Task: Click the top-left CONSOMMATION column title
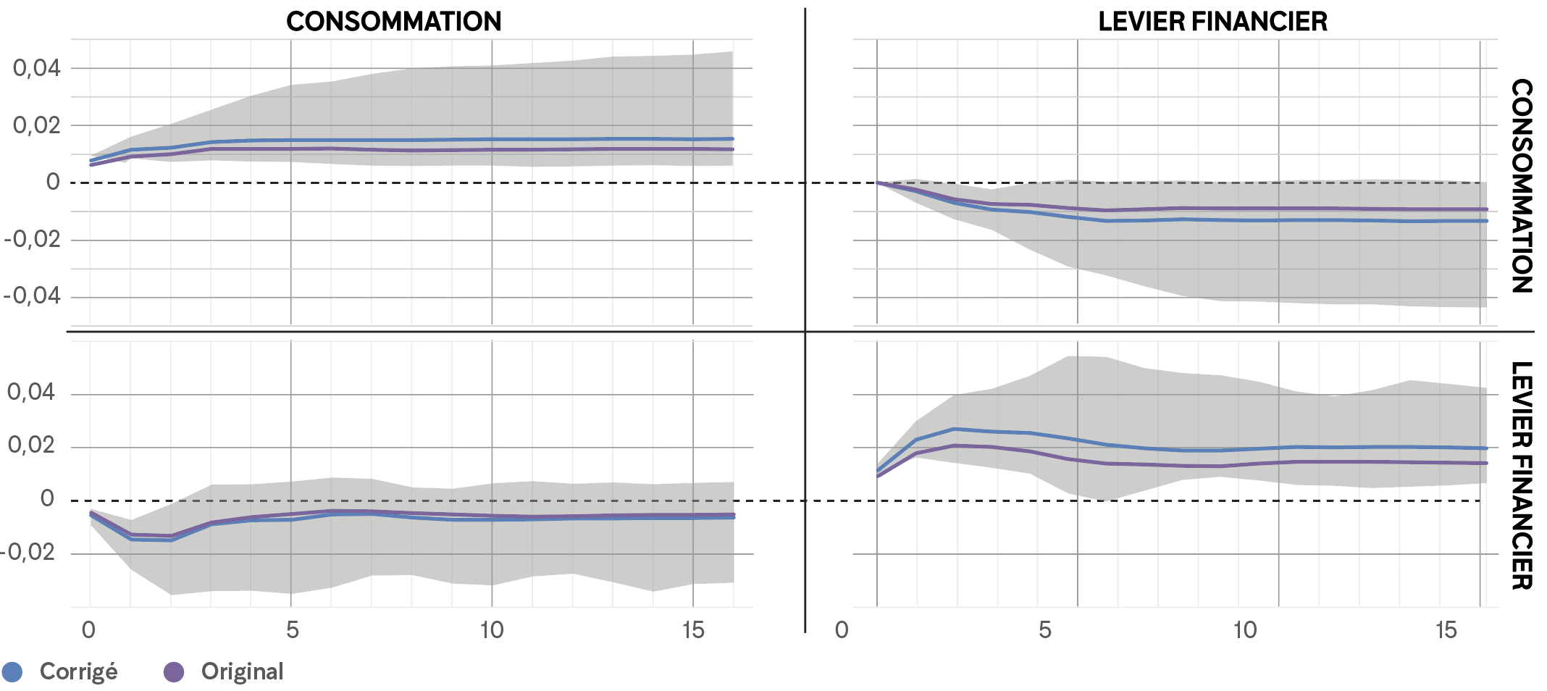point(393,22)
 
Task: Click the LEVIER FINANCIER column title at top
point(1212,22)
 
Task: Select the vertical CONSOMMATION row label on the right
point(1522,185)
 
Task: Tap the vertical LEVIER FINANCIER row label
point(1522,475)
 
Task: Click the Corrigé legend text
point(78,671)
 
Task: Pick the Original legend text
point(242,671)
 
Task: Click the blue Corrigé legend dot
point(12,672)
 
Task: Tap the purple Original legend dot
point(174,672)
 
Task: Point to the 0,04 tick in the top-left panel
point(36,68)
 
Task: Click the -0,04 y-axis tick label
point(32,296)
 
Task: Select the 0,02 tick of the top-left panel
point(36,125)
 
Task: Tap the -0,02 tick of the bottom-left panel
point(28,552)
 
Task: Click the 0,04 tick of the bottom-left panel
point(31,392)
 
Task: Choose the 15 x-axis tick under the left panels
point(693,630)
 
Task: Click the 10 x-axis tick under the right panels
point(1245,630)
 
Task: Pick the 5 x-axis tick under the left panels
point(292,630)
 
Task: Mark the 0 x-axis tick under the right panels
point(842,630)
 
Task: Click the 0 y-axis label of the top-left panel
point(53,182)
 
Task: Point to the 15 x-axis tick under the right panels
point(1446,630)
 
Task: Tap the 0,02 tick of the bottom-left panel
point(31,445)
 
